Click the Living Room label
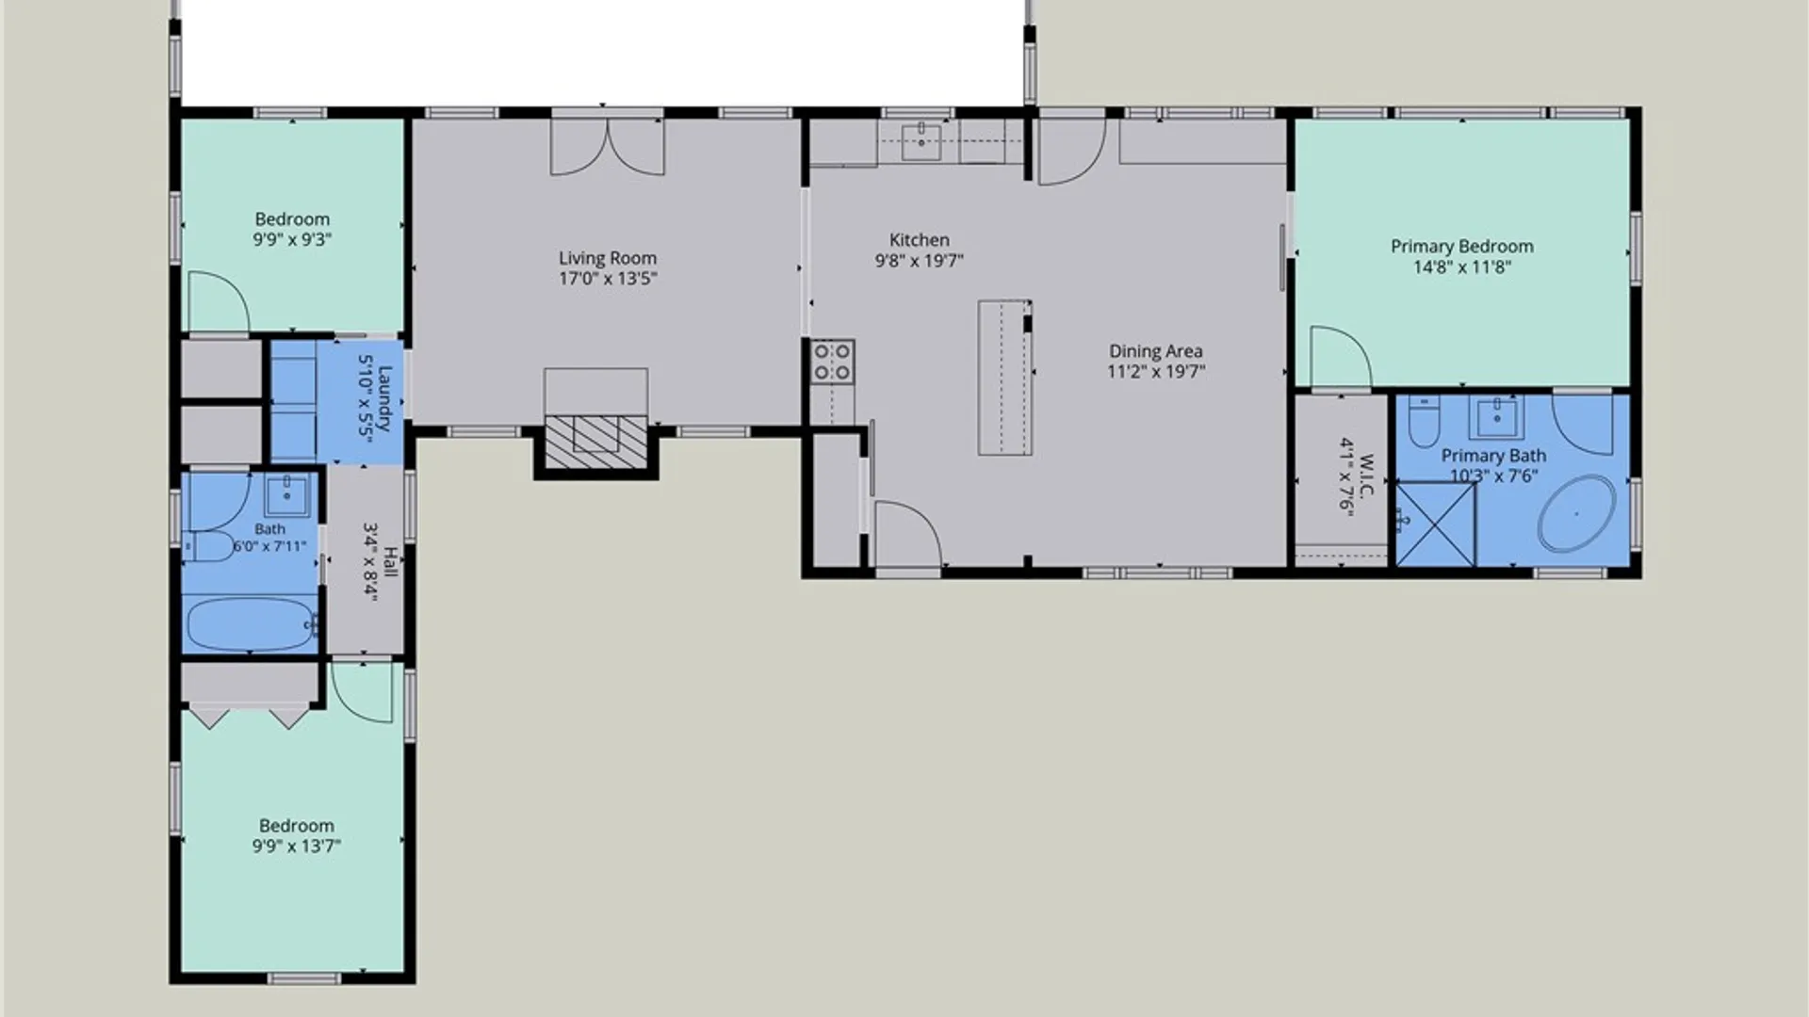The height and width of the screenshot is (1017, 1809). point(608,258)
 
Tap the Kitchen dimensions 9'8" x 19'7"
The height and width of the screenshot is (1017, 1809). point(919,261)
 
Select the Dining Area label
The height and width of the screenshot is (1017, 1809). point(1156,351)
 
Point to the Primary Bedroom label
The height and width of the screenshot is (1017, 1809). point(1462,247)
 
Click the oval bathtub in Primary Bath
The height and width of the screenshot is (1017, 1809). point(1577,513)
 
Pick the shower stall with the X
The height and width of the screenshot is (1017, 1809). point(1435,525)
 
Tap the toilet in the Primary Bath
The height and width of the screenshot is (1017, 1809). point(1423,422)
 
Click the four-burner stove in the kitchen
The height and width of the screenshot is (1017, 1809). point(833,363)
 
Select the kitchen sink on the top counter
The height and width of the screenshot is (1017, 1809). point(921,143)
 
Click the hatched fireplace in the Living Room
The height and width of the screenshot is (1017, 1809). point(596,441)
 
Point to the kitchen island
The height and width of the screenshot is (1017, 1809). point(1005,378)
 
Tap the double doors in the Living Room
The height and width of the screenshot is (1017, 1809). point(608,147)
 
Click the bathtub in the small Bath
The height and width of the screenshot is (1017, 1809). point(252,623)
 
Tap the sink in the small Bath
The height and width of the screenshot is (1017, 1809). point(285,494)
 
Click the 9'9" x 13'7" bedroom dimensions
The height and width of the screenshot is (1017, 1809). point(297,847)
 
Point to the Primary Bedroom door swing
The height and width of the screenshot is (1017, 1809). point(1341,357)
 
